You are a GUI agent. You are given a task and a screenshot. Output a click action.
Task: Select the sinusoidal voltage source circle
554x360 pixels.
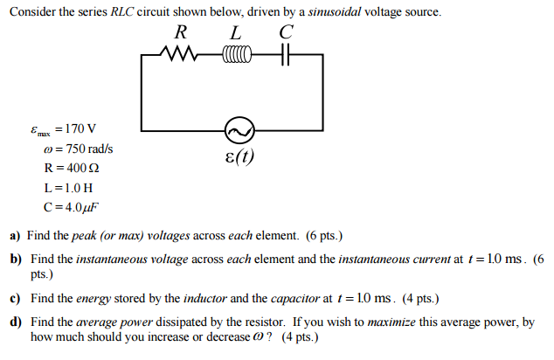[x=238, y=132]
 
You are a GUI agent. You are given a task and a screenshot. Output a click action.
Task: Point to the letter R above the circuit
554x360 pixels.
[x=182, y=32]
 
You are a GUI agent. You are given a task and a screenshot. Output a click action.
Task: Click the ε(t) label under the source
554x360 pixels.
[x=239, y=161]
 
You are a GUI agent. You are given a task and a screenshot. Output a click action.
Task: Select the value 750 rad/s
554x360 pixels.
[x=86, y=149]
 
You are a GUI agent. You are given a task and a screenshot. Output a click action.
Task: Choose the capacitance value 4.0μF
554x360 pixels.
[x=80, y=207]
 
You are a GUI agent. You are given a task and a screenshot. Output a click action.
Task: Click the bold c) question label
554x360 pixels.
[x=15, y=298]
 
